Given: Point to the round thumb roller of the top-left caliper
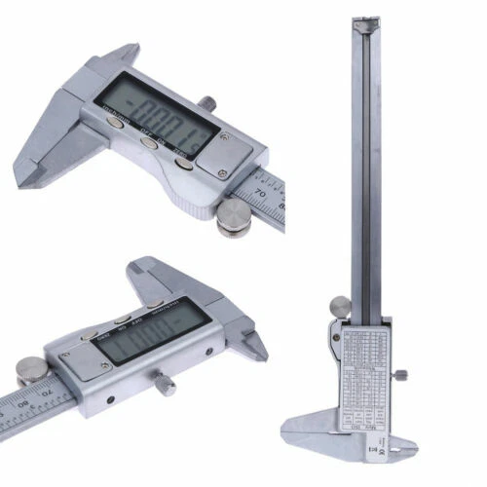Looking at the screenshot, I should pos(234,218).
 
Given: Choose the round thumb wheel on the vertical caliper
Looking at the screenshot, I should pos(338,308).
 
